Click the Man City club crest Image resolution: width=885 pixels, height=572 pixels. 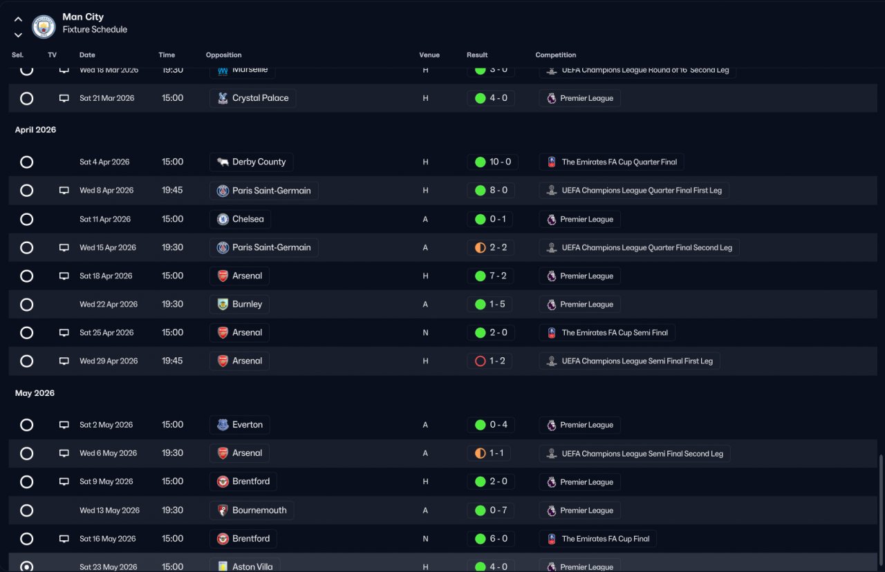tap(44, 26)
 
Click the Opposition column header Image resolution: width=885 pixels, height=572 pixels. tap(223, 55)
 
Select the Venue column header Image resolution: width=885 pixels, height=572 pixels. tap(429, 55)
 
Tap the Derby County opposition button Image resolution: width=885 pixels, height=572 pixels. tap(252, 162)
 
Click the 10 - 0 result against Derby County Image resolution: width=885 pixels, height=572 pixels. tap(492, 162)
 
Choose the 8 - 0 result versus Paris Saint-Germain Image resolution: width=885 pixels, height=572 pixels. tap(491, 191)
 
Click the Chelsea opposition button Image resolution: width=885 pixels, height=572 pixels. tap(240, 220)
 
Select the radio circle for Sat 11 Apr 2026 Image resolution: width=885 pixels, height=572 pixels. tap(26, 220)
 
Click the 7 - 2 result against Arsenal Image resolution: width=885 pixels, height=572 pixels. tap(491, 276)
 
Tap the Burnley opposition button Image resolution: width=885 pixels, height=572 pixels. tap(239, 305)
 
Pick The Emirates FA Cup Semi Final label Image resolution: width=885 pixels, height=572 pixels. tap(607, 333)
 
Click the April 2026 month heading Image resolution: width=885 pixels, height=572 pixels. tap(35, 130)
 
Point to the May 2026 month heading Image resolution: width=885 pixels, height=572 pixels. tap(35, 393)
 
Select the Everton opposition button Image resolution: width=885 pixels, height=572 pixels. tap(239, 425)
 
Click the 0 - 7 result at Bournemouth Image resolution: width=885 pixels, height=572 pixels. tap(491, 511)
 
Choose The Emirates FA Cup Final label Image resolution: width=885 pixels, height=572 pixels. tap(598, 539)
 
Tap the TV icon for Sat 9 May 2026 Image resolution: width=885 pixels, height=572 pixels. tap(64, 482)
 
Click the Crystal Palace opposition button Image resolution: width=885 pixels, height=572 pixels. tap(252, 98)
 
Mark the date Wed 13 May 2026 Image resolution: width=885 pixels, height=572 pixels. tap(109, 511)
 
